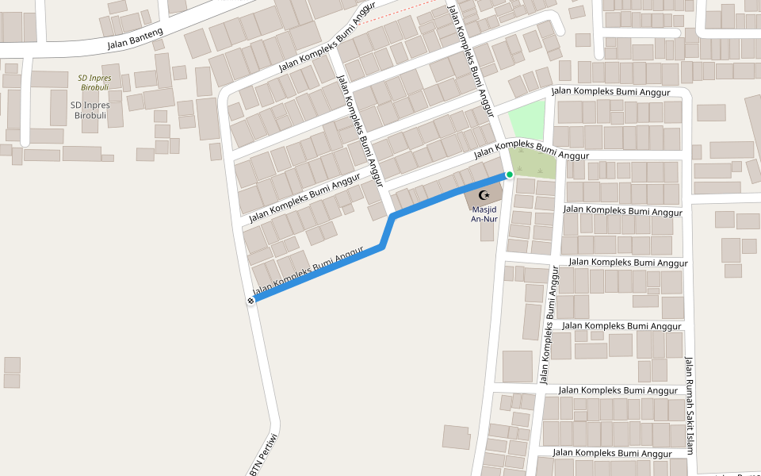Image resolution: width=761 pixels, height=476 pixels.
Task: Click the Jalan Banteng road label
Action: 135,39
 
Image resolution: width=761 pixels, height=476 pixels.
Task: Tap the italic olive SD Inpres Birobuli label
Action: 94,83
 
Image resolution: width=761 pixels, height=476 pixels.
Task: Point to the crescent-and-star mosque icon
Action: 484,194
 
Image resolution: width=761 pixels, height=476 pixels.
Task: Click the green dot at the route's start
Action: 510,175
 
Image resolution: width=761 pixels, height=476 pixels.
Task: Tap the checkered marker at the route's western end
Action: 250,301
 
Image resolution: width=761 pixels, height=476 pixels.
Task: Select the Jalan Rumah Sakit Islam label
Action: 689,405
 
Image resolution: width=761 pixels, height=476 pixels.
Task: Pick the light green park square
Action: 527,120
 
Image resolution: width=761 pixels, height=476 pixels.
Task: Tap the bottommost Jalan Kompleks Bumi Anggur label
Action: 612,453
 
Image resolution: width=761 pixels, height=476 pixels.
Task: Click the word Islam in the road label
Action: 689,441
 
